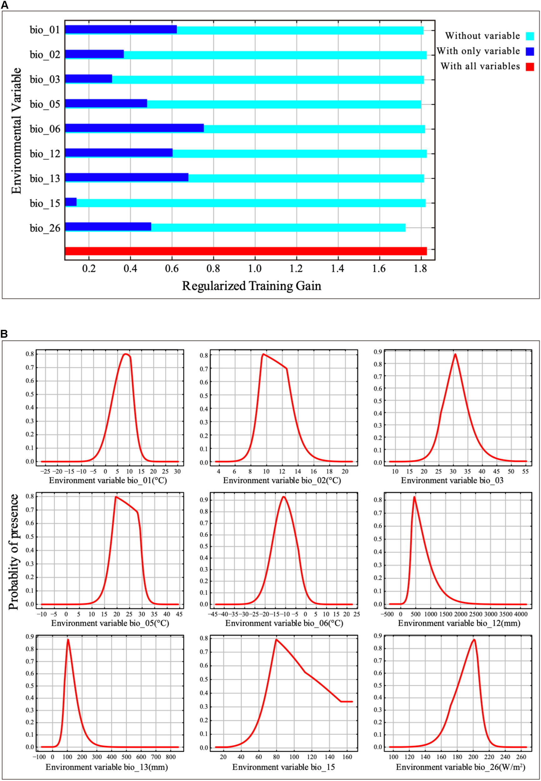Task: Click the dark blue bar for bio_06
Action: coord(134,128)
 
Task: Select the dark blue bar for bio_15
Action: coord(71,202)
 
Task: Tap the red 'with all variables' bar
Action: coord(246,251)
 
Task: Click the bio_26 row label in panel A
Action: coord(45,228)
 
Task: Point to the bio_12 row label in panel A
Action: coord(45,154)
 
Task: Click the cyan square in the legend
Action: coord(530,36)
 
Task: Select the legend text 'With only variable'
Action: coord(478,51)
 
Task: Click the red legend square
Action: coord(530,67)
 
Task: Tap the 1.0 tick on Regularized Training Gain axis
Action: coord(255,269)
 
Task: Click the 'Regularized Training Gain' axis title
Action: coord(251,286)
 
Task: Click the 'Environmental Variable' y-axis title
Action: coord(16,131)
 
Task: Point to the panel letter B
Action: coord(4,334)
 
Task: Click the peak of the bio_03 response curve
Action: coord(455,355)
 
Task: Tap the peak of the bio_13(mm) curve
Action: coord(68,639)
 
